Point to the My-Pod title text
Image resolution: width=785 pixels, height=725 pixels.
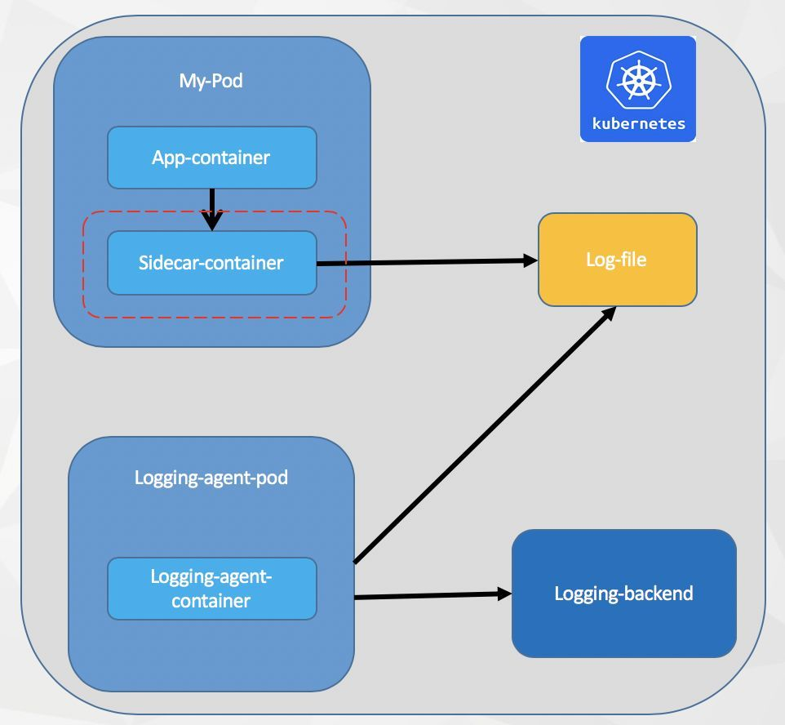coord(211,81)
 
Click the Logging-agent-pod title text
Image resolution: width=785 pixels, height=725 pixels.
coord(211,477)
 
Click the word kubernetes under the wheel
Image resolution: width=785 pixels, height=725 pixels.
coord(638,126)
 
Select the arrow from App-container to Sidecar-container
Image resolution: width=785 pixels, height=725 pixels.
coord(212,204)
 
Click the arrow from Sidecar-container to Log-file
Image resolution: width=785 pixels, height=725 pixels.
coord(424,262)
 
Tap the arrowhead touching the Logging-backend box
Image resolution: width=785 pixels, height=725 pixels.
coord(503,594)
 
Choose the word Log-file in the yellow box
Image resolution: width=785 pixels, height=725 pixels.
coord(616,260)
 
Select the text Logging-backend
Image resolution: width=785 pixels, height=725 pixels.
coord(623,594)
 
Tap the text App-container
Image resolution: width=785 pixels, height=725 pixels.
coord(211,157)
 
